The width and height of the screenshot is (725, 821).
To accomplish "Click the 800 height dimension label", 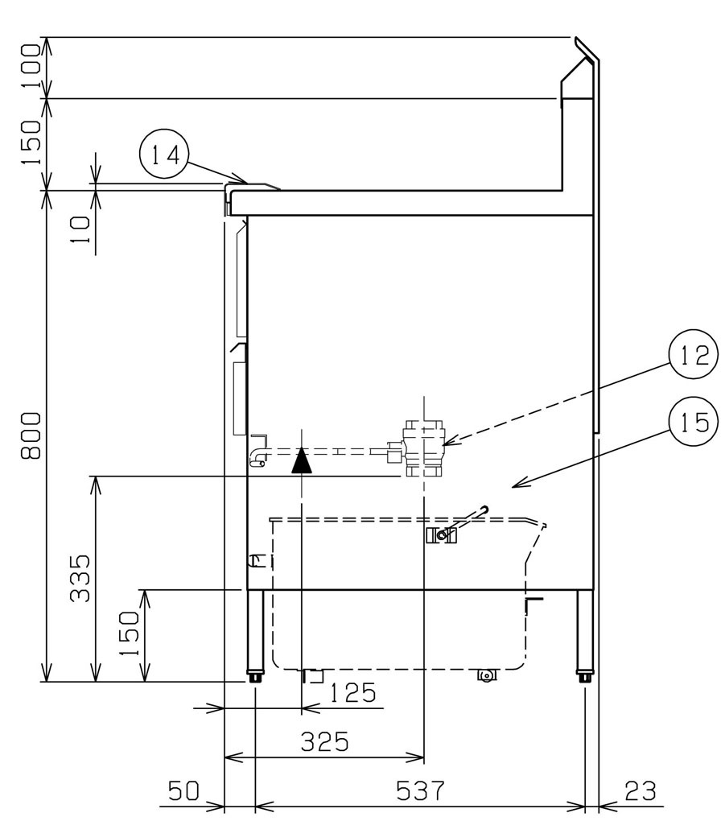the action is (31, 435).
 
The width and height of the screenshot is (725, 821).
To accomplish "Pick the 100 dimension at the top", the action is (31, 67).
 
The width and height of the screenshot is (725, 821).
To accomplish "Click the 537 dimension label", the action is (420, 790).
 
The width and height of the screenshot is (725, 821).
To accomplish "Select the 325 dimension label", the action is (324, 742).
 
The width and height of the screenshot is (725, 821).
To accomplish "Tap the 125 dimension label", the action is (352, 693).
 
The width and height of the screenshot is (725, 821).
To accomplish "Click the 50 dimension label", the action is (183, 790).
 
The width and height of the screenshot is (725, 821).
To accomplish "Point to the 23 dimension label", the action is (640, 790).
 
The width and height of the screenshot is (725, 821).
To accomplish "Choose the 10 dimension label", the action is (80, 230).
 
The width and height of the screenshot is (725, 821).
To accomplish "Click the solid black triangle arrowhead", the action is (302, 460).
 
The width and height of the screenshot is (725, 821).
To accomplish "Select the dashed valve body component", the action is (422, 448).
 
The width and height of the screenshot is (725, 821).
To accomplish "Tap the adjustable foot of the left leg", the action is (255, 675).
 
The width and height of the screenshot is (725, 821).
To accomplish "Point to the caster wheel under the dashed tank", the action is (486, 675).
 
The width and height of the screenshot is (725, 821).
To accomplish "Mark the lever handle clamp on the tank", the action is (441, 535).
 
